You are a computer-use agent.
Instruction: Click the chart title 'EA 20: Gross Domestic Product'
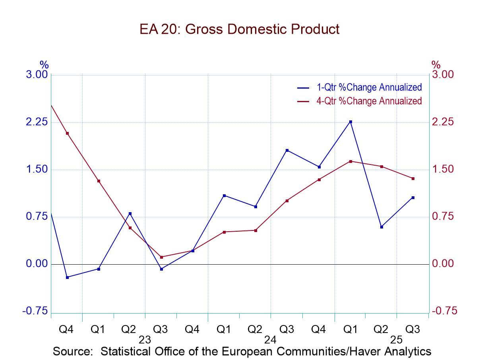coord(240,29)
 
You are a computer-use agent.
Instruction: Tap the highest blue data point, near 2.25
coord(350,122)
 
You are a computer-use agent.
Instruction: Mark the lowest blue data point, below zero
coord(67,277)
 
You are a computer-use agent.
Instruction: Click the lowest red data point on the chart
coord(161,257)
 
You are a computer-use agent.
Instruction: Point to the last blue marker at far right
coord(413,197)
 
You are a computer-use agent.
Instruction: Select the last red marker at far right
coord(413,178)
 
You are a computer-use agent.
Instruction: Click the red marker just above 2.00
coord(67,133)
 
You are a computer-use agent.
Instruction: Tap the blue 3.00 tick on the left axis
coord(37,75)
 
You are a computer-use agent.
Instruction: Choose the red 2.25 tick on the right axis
coord(443,122)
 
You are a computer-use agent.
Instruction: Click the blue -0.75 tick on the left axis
coord(35,312)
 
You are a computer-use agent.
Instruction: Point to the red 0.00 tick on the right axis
coord(443,264)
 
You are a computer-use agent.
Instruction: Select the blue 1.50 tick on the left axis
coord(37,170)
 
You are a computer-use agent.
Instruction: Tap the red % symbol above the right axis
coord(436,64)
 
